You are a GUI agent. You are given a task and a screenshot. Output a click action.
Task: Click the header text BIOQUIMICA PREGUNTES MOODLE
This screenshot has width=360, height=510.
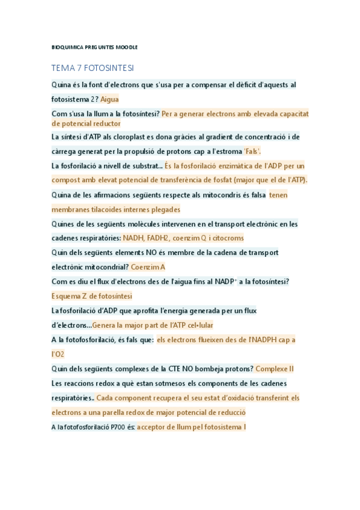(94, 47)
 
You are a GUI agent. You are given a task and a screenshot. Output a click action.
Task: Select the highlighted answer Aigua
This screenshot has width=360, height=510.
(109, 99)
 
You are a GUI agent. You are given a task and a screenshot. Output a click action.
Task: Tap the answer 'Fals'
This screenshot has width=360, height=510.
(252, 151)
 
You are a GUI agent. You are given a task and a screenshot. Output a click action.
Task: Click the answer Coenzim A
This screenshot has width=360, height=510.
(148, 267)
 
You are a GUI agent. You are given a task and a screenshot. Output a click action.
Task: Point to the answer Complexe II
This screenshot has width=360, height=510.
(274, 369)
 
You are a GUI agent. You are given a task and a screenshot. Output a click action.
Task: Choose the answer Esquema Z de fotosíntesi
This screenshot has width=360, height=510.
(92, 296)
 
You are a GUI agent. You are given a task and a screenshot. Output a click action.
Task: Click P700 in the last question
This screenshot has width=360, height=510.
(118, 427)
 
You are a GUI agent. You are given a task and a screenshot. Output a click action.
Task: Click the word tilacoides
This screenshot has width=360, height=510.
(106, 209)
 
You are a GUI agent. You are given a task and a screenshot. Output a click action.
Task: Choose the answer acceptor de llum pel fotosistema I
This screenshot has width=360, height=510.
(191, 427)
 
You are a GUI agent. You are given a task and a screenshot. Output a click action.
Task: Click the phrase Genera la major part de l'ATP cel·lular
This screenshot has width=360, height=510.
(153, 325)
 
